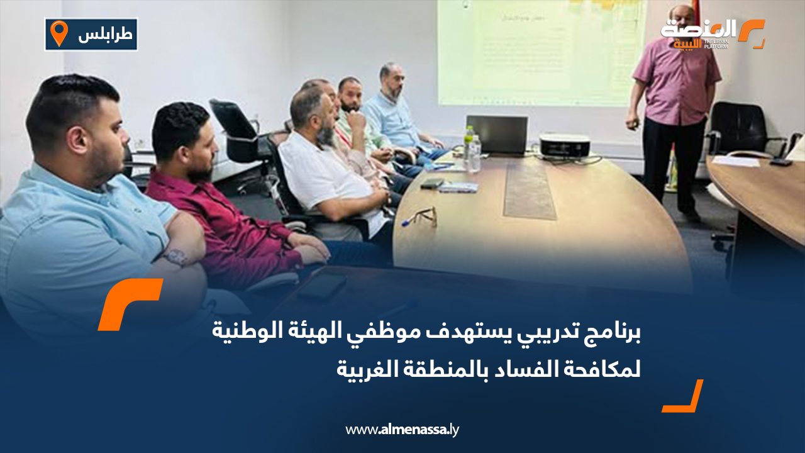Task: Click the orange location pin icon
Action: tap(58, 33)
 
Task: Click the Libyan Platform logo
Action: tap(712, 34)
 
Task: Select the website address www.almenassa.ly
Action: tap(402, 430)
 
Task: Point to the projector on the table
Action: tap(564, 146)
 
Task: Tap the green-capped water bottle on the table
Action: tap(469, 144)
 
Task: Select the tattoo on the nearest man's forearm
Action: tap(175, 257)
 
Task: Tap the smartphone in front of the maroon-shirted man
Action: tap(322, 286)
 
